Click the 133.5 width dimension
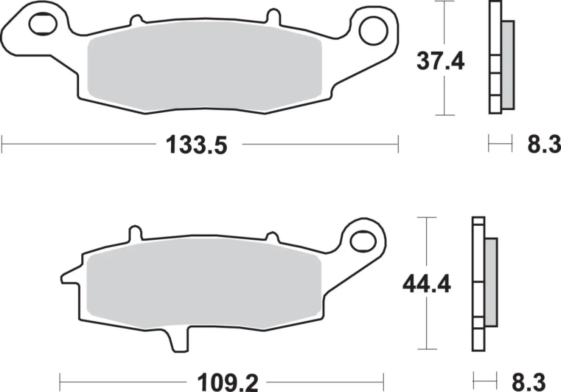[x=197, y=145]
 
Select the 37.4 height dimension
[x=440, y=62]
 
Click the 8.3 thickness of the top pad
[x=544, y=145]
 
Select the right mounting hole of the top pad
[x=372, y=31]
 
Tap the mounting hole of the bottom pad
[x=362, y=242]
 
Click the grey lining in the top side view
[x=508, y=65]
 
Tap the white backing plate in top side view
[x=495, y=59]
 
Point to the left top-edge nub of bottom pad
[x=135, y=232]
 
